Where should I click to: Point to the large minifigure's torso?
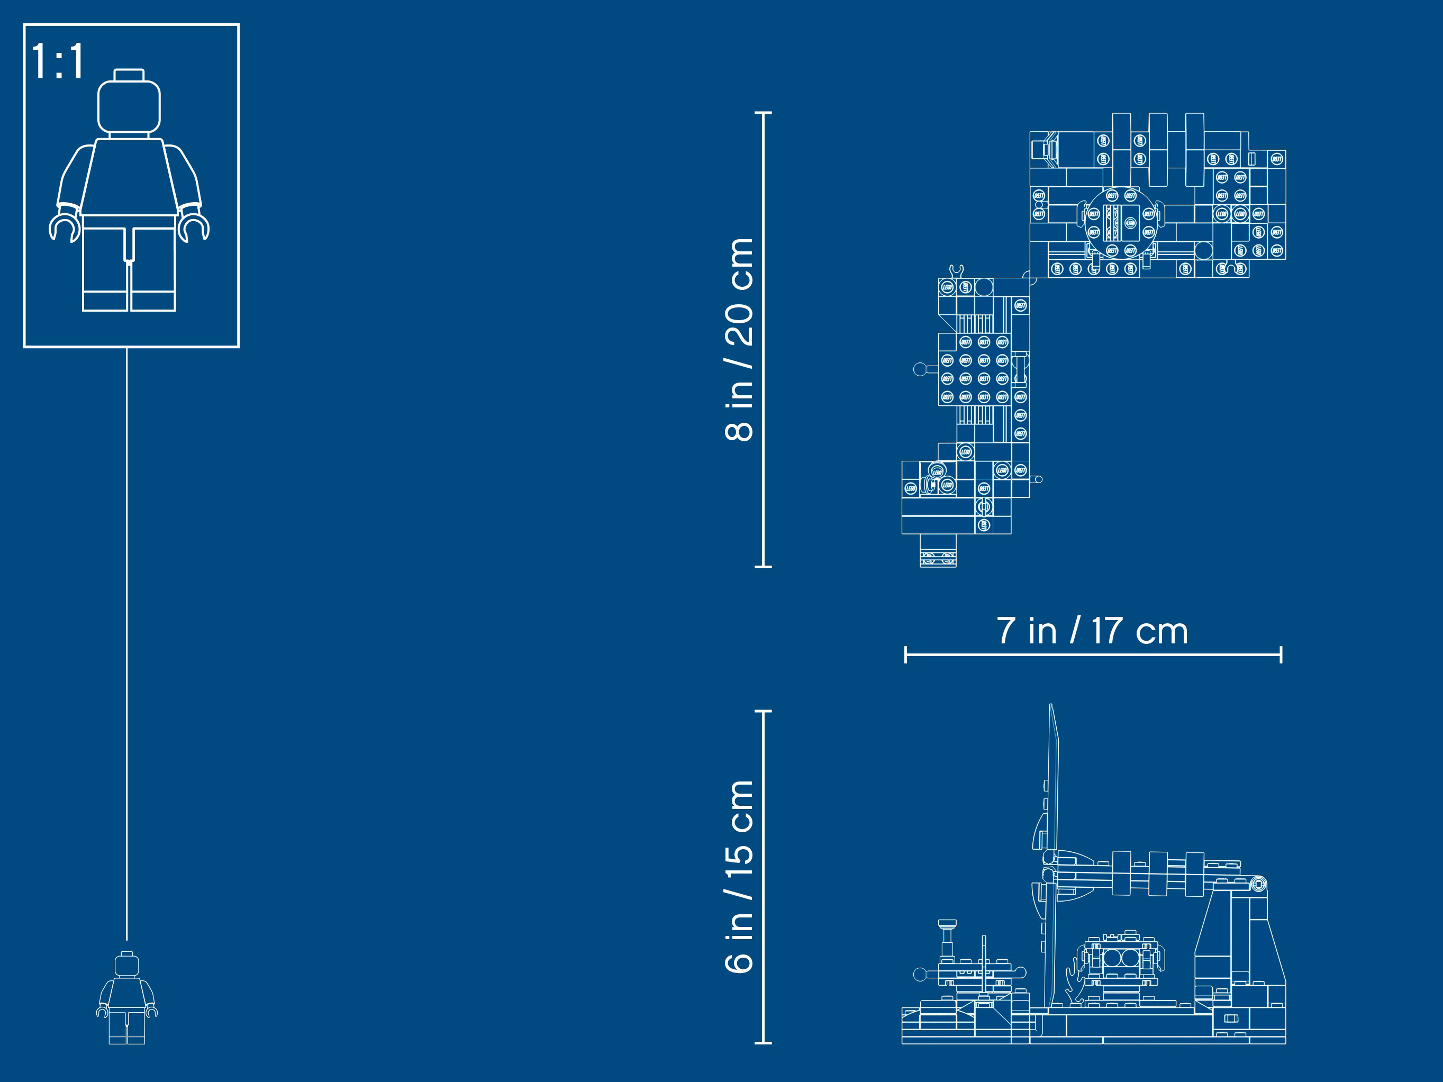coord(129,177)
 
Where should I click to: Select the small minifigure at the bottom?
coord(126,997)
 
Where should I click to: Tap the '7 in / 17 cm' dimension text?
coord(1092,631)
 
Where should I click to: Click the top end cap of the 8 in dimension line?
coord(763,113)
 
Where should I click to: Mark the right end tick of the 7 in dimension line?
coord(1281,655)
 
